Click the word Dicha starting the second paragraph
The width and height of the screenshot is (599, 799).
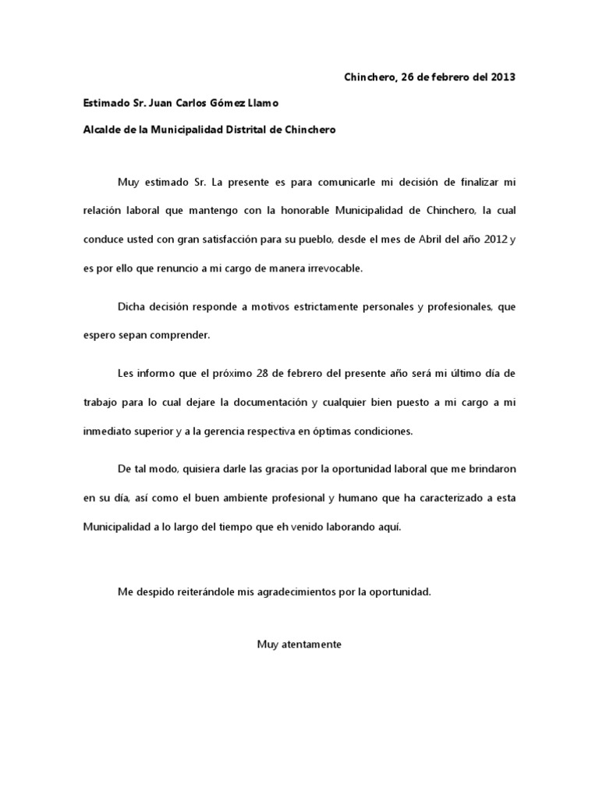tap(133, 307)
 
